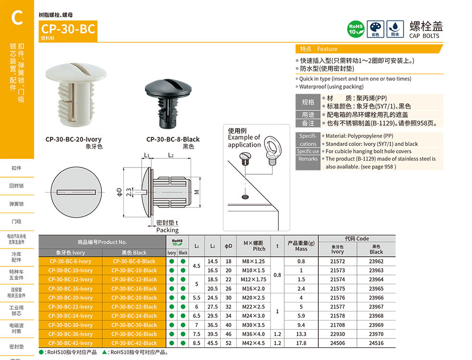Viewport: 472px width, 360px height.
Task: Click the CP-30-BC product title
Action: (x=68, y=29)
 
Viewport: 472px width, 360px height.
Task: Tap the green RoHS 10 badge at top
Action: (x=355, y=29)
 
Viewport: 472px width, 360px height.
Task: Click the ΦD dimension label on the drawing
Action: (x=119, y=192)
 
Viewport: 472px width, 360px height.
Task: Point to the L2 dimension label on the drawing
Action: (x=170, y=155)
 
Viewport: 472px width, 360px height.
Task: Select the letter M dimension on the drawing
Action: (x=196, y=192)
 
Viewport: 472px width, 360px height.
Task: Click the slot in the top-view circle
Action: (x=77, y=192)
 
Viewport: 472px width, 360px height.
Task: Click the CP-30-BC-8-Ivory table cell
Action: (x=71, y=262)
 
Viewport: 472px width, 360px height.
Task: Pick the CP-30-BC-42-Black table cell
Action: (x=134, y=343)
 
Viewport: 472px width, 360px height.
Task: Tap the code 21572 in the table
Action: (x=338, y=262)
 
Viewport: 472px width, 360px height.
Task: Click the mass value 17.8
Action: (x=301, y=343)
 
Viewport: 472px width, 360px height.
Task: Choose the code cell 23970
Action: (x=376, y=334)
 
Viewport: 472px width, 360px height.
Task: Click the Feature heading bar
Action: (x=369, y=49)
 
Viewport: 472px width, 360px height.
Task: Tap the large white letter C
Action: (x=17, y=18)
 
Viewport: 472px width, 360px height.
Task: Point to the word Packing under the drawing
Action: (x=167, y=230)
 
